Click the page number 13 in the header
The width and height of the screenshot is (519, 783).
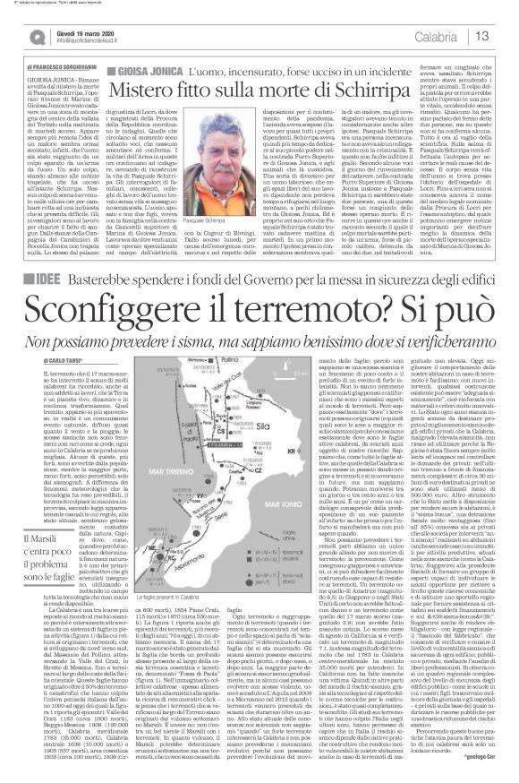(x=504, y=35)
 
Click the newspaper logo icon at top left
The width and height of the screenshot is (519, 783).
(x=13, y=35)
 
